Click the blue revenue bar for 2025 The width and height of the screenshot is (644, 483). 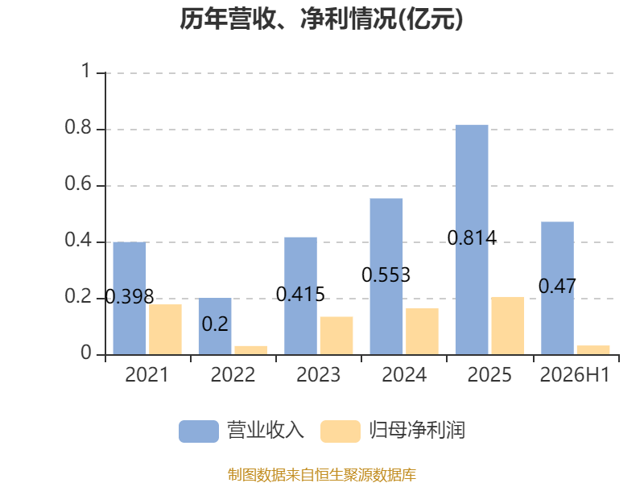click(x=472, y=239)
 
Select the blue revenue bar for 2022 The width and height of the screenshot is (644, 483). click(x=215, y=326)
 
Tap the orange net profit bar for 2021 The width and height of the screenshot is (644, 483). click(x=165, y=329)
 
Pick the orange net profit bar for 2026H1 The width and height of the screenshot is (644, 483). click(x=593, y=350)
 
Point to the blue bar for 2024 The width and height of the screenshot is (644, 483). click(x=386, y=276)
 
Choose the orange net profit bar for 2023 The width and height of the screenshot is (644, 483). click(x=336, y=336)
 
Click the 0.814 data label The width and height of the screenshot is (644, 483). click(x=472, y=237)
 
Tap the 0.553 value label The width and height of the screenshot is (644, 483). click(x=386, y=275)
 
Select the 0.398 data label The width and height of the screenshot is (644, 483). click(x=130, y=296)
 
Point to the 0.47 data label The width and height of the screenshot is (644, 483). click(x=557, y=287)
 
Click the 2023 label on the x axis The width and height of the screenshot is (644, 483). click(x=318, y=375)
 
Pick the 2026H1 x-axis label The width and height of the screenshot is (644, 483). click(x=575, y=375)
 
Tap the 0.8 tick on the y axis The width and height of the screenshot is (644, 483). click(x=78, y=127)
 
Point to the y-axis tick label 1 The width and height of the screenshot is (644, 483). click(x=86, y=71)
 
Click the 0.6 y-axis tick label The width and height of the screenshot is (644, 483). click(x=78, y=184)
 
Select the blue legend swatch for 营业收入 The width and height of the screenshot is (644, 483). click(x=199, y=431)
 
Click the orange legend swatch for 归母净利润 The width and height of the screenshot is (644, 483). click(x=341, y=431)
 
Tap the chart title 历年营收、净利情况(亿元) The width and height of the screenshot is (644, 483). click(x=321, y=19)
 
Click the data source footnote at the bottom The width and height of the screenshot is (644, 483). click(x=322, y=475)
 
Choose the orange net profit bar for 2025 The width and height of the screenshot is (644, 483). click(x=508, y=326)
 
